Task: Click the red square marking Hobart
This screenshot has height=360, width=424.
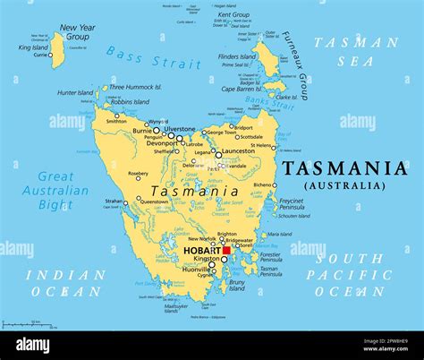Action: point(226,251)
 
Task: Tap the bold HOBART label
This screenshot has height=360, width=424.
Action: point(199,252)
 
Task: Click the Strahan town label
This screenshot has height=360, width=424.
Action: point(114,201)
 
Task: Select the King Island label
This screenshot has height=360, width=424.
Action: point(32,47)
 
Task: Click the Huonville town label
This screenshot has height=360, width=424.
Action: point(194,268)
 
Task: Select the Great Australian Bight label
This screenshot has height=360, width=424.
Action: point(62,190)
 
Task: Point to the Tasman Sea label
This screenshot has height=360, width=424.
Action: point(367,52)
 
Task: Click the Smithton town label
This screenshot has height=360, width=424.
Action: point(115,120)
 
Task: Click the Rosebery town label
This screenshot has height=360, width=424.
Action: point(138,174)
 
